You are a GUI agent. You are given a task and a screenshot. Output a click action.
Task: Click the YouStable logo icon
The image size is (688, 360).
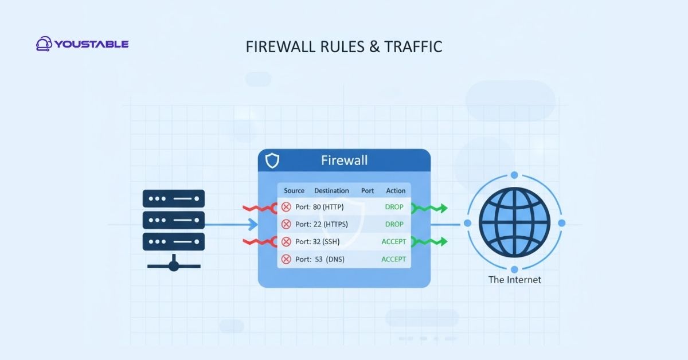(44, 44)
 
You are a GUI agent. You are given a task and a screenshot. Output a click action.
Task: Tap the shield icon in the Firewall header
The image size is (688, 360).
(272, 161)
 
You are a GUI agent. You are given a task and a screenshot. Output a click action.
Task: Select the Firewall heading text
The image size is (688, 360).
(343, 160)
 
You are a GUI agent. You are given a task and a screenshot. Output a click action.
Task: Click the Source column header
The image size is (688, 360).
(294, 190)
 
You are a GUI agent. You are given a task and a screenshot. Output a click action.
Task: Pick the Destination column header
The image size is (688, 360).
(331, 190)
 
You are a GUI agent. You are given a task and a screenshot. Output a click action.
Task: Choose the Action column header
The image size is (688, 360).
(396, 190)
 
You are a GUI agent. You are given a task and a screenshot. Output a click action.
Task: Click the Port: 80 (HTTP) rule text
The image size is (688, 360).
(319, 207)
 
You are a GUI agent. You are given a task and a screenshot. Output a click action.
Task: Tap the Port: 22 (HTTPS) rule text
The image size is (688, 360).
(322, 224)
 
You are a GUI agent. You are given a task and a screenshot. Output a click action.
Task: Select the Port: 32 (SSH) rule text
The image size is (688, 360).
(317, 242)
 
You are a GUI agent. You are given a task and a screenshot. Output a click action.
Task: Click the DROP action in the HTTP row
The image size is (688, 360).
(394, 207)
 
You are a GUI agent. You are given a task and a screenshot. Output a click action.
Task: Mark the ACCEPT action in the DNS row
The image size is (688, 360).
(394, 259)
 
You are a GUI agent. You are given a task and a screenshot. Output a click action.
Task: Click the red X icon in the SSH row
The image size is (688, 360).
(286, 242)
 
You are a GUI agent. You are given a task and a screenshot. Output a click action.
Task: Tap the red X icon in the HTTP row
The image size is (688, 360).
(286, 207)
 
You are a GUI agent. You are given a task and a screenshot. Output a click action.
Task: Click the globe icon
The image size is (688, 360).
(514, 222)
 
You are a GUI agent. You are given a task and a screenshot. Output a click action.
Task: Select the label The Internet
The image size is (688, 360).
(514, 280)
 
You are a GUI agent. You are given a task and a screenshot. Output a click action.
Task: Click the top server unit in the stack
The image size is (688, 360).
(173, 199)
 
